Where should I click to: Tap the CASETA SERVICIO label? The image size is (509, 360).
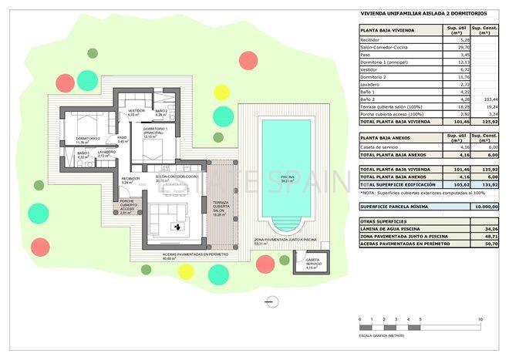[312, 263]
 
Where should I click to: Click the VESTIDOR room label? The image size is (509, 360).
[136, 113]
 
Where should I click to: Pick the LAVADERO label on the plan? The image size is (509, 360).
[106, 153]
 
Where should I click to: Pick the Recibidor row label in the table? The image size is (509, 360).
[374, 40]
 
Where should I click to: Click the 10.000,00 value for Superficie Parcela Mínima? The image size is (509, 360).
[484, 207]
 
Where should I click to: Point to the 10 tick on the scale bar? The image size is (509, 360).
[480, 319]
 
